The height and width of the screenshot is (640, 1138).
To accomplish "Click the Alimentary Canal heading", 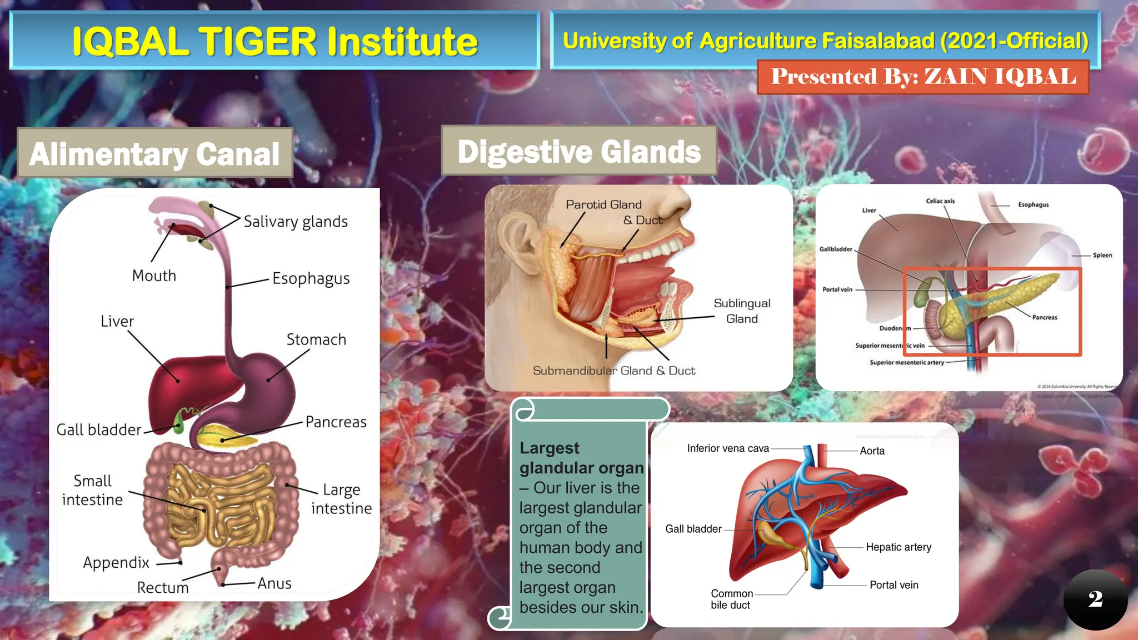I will (154, 154).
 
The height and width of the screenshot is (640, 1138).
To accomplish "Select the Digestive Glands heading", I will (579, 152).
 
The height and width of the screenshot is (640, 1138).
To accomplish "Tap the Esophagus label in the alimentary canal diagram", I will (311, 278).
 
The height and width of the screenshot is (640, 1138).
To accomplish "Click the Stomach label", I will (316, 339).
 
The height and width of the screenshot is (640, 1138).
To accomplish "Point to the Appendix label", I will (116, 563).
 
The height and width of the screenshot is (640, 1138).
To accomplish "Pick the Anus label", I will (274, 583).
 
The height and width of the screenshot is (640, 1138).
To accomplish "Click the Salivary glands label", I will (296, 222).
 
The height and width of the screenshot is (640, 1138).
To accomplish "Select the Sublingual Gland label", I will (742, 311).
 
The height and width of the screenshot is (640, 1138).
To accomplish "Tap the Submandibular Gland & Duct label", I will (614, 371).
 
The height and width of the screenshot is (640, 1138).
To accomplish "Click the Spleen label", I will (1102, 255).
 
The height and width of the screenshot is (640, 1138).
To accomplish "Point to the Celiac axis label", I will (940, 201).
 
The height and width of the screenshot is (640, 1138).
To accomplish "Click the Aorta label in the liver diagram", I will (872, 451).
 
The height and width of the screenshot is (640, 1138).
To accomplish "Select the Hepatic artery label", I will (899, 547).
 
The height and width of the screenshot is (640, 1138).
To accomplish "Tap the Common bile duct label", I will (731, 599).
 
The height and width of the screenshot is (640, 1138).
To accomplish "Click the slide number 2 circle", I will (1095, 599).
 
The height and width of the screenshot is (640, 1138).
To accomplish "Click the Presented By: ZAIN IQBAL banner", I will (923, 77).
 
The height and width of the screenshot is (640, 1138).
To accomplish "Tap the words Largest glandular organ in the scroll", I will (581, 458).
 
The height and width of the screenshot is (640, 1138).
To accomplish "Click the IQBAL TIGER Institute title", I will (274, 41).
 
